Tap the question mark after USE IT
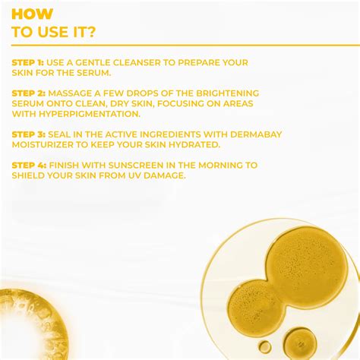92,31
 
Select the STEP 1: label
30,62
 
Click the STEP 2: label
30,92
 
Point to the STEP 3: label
30,134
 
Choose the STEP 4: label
30,164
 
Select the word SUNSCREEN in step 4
127,164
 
